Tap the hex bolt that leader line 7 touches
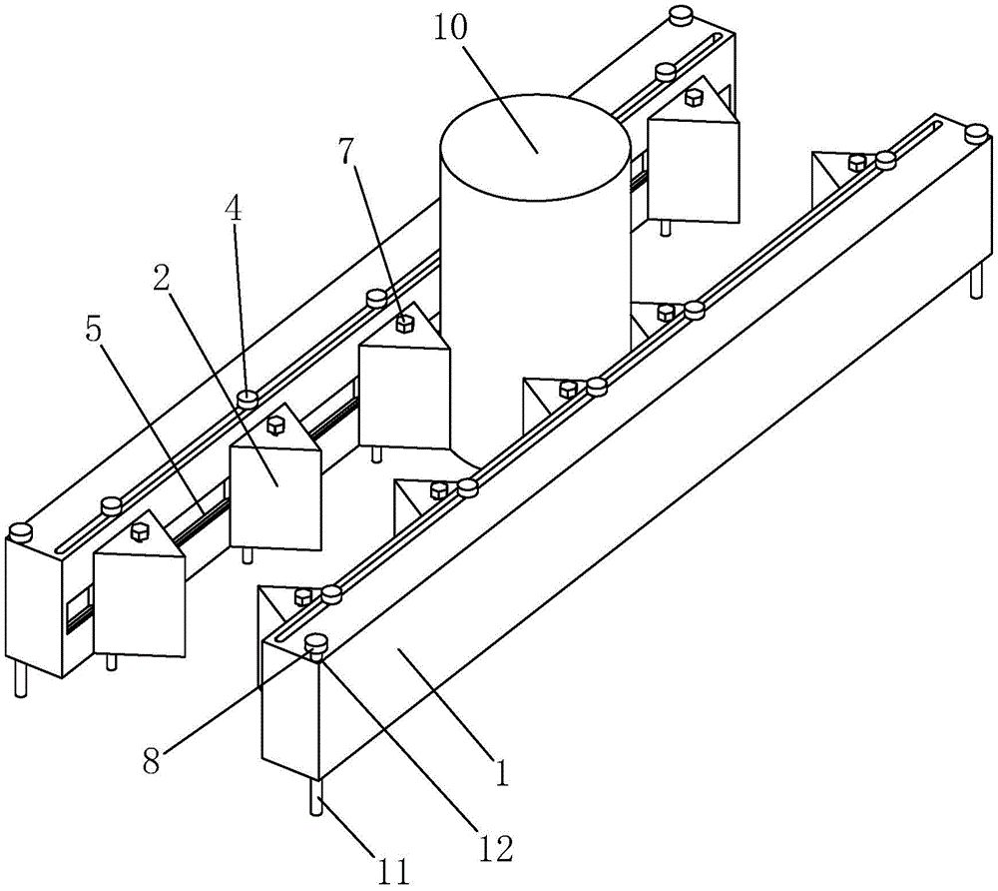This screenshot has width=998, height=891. tap(405, 324)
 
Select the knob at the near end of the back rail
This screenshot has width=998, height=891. tap(20, 529)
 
